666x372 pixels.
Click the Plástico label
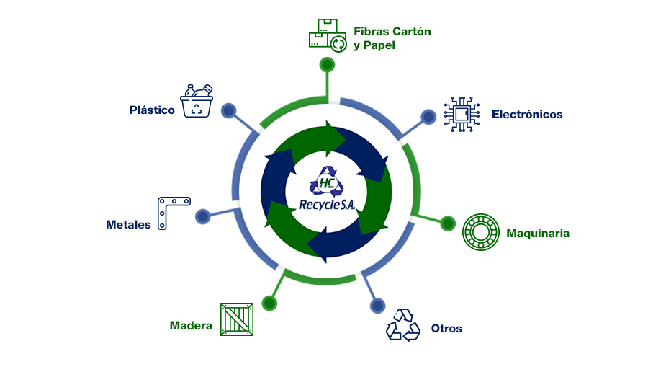click(x=152, y=110)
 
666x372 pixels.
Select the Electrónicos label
click(x=527, y=115)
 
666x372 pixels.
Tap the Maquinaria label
click(x=538, y=234)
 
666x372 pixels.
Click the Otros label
click(x=446, y=329)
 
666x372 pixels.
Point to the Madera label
click(x=191, y=326)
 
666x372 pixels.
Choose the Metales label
click(x=128, y=224)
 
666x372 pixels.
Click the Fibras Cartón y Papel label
click(x=392, y=38)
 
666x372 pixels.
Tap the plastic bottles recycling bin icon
click(x=197, y=101)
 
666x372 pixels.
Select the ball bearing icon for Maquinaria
click(x=480, y=231)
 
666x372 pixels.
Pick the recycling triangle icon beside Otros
click(x=403, y=325)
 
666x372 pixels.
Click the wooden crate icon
click(x=236, y=319)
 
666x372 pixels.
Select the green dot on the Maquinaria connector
click(x=447, y=223)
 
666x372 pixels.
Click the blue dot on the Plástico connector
click(x=229, y=111)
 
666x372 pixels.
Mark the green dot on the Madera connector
click(x=269, y=302)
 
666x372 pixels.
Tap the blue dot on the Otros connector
click(x=377, y=306)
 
